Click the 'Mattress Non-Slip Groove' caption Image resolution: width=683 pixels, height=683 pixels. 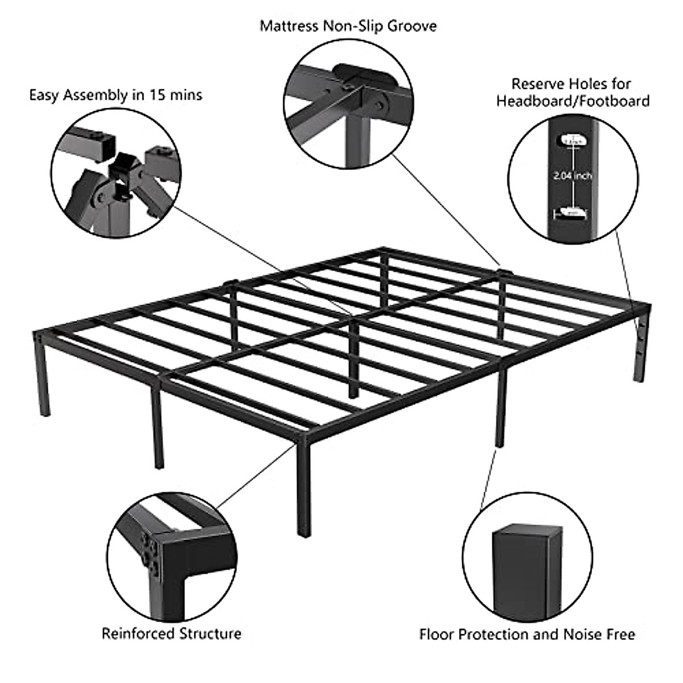(348, 26)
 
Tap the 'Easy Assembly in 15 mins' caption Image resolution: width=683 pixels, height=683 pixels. (116, 94)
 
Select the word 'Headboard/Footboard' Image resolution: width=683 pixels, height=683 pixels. (573, 101)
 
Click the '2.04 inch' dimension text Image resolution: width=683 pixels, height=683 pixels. (573, 176)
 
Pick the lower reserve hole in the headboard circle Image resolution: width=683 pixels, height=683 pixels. (571, 212)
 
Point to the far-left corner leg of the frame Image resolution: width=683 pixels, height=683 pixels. (42, 376)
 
